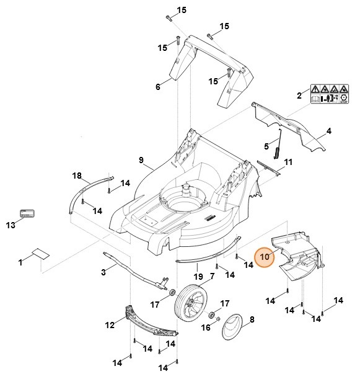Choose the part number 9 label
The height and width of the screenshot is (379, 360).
pyautogui.click(x=141, y=161)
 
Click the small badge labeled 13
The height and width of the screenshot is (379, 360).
pyautogui.click(x=29, y=213)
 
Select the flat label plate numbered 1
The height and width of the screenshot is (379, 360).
pyautogui.click(x=40, y=253)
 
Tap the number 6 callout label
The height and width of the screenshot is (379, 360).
pyautogui.click(x=157, y=87)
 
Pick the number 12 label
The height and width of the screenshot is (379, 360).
pyautogui.click(x=109, y=325)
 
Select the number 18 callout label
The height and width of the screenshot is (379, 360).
pyautogui.click(x=77, y=176)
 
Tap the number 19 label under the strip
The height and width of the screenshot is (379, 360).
pyautogui.click(x=198, y=276)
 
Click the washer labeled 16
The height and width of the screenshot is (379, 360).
pyautogui.click(x=213, y=315)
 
